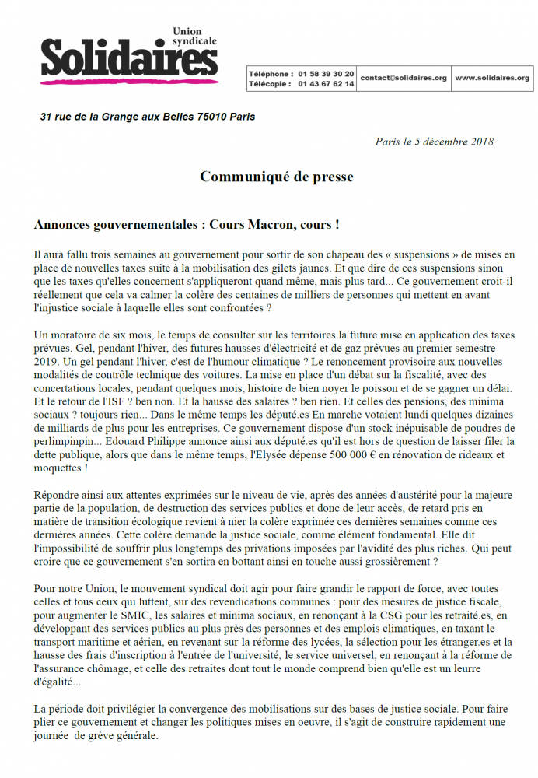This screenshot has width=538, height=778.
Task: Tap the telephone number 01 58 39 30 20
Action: (327, 72)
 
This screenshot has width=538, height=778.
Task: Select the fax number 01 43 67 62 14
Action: (327, 83)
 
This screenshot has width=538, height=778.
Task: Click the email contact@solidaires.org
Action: (403, 78)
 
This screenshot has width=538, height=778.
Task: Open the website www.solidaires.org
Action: (491, 78)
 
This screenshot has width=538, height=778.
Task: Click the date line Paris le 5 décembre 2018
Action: (434, 142)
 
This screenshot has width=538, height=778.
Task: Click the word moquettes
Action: (59, 468)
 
